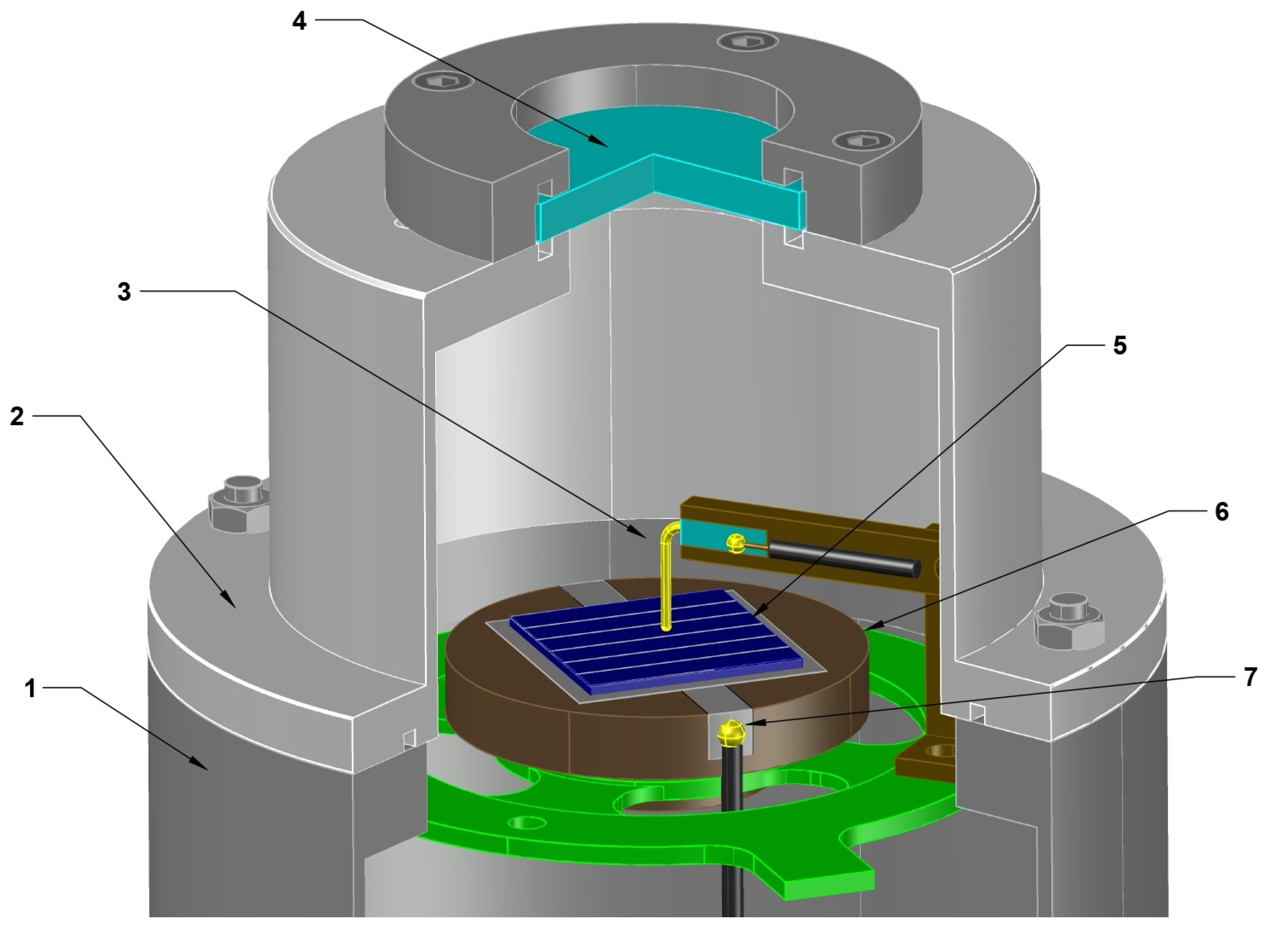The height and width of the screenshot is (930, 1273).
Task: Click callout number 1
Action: tap(30, 688)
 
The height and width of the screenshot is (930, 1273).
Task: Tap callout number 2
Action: tap(17, 416)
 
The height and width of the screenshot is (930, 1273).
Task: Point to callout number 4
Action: tap(299, 21)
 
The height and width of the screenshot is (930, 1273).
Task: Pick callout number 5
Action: tap(1120, 346)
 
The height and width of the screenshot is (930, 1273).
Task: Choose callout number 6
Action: tap(1222, 512)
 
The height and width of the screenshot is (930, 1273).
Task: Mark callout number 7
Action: tap(1251, 677)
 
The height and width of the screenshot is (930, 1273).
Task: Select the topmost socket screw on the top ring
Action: tap(750, 41)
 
